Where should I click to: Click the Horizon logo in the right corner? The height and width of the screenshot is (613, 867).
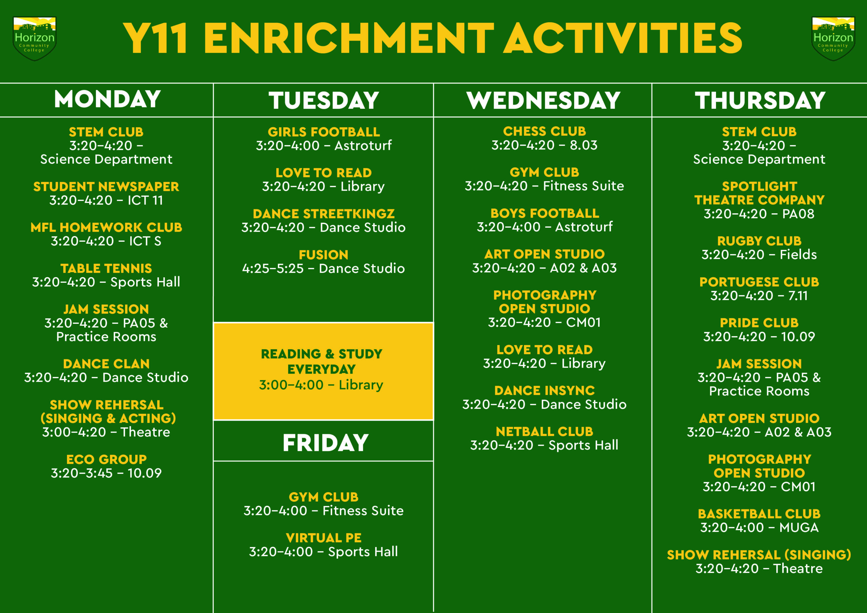(833, 39)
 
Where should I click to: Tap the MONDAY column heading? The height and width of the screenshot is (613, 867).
(107, 99)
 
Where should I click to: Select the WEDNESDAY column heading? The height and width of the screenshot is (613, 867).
(543, 101)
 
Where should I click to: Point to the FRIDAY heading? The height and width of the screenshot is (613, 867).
(325, 443)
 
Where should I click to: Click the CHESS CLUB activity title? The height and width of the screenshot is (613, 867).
(544, 131)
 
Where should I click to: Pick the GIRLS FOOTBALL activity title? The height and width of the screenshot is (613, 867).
(324, 132)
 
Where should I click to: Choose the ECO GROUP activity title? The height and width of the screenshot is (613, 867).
(106, 459)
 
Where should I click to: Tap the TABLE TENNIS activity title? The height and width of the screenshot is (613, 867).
(106, 268)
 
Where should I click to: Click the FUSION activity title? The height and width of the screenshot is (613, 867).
(324, 255)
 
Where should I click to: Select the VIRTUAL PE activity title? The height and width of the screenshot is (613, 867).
(324, 538)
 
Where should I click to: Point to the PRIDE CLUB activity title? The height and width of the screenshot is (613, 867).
(759, 323)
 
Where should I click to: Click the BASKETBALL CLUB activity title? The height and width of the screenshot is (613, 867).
(759, 514)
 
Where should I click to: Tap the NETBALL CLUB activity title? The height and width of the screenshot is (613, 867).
(544, 431)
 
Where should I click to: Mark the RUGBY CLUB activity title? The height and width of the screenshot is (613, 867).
(759, 241)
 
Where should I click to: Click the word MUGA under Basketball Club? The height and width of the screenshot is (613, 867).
(799, 528)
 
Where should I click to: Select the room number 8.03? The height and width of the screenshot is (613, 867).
(584, 145)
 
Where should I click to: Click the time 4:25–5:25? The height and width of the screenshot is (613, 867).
(273, 269)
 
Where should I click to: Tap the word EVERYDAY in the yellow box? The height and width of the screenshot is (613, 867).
(321, 369)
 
